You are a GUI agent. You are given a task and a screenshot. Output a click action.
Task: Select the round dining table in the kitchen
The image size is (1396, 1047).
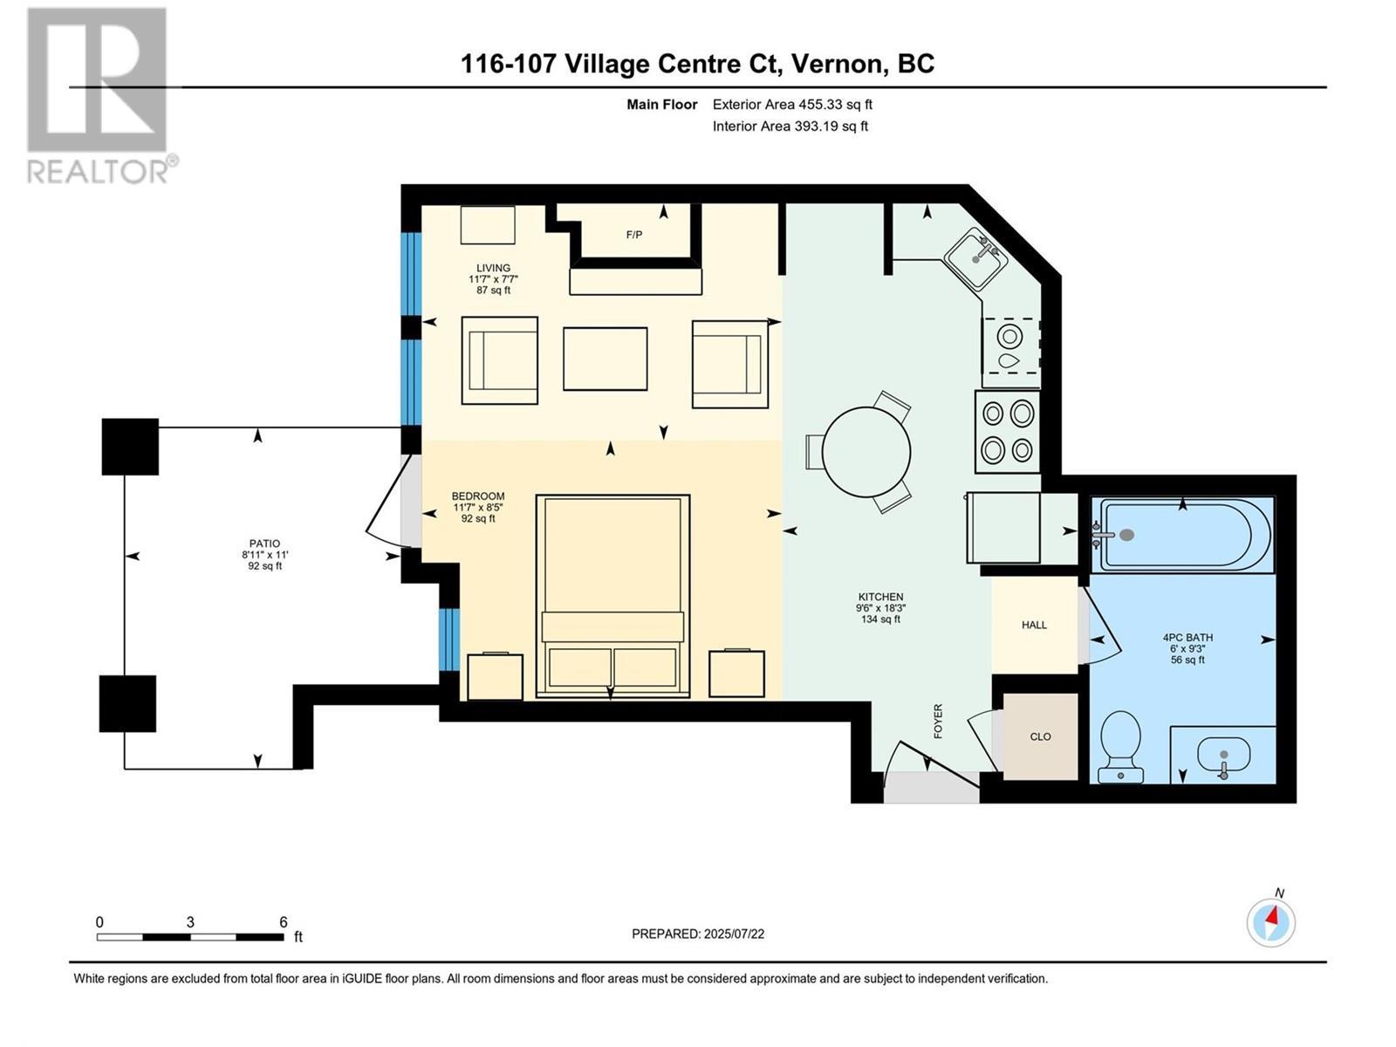click(866, 452)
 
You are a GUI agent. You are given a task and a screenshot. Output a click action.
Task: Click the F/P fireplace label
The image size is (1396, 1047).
click(634, 235)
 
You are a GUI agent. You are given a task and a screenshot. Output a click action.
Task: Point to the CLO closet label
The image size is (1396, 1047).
click(1040, 736)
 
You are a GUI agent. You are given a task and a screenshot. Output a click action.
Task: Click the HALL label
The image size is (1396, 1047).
click(1034, 625)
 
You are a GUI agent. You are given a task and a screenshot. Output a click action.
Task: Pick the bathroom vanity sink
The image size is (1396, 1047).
click(1223, 756)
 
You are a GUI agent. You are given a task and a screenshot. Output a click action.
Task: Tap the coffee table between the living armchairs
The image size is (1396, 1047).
click(605, 359)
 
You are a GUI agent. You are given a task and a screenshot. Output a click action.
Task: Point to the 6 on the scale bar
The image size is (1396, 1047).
click(283, 922)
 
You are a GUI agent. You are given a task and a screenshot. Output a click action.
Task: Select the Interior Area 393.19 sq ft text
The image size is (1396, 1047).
click(790, 126)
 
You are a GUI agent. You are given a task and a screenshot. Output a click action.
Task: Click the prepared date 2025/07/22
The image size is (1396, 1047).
click(698, 934)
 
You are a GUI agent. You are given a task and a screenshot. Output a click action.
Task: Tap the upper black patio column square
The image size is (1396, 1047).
click(130, 447)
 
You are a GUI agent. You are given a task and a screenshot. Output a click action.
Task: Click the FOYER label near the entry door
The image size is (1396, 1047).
click(938, 721)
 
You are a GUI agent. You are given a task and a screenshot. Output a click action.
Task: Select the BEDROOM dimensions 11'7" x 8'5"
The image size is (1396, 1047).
click(478, 507)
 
